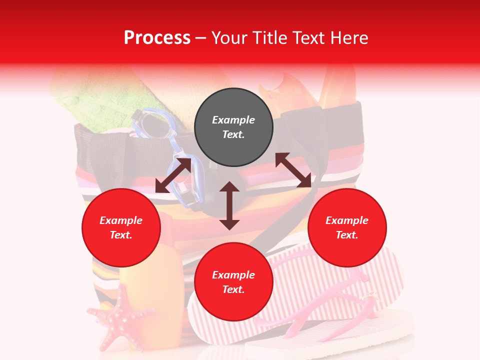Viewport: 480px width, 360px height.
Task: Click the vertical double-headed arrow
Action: point(229,205)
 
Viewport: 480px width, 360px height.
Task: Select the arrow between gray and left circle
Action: point(173,175)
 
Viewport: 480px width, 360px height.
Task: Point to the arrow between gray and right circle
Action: point(293,170)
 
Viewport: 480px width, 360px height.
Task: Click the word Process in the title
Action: point(157,37)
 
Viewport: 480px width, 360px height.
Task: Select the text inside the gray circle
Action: point(233,127)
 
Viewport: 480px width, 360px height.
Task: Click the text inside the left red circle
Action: point(121,227)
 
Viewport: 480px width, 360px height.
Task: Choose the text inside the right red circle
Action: point(347,227)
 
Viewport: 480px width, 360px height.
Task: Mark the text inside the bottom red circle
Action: point(233,282)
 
